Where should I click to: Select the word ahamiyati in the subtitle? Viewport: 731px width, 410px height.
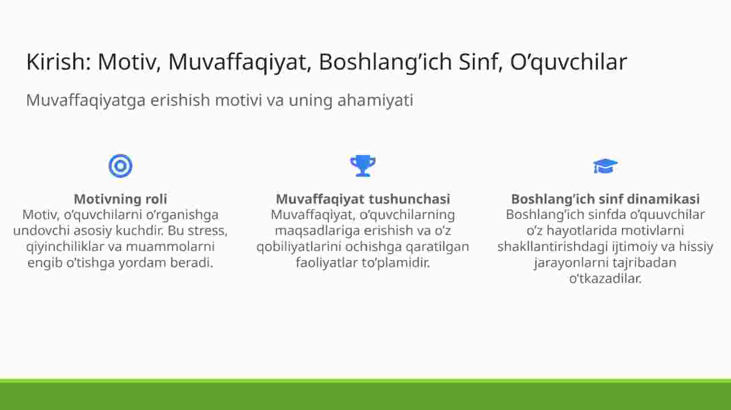tap(375, 100)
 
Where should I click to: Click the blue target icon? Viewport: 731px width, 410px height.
tap(121, 166)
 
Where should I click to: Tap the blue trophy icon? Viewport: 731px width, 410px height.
tap(363, 166)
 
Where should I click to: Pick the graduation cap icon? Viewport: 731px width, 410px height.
tap(605, 166)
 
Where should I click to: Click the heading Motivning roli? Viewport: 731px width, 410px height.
tap(121, 199)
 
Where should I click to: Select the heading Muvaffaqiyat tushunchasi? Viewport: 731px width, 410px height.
tap(363, 199)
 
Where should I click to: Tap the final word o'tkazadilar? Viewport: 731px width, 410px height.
tap(605, 279)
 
